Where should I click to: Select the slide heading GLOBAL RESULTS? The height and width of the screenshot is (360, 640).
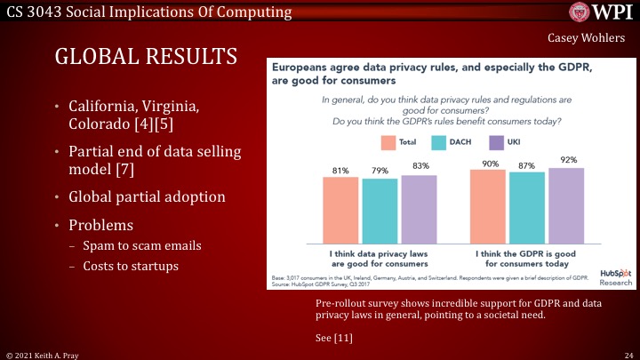147,58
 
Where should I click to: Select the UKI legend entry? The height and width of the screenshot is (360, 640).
506,142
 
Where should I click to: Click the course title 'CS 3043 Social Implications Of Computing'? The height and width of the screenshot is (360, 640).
146,12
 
